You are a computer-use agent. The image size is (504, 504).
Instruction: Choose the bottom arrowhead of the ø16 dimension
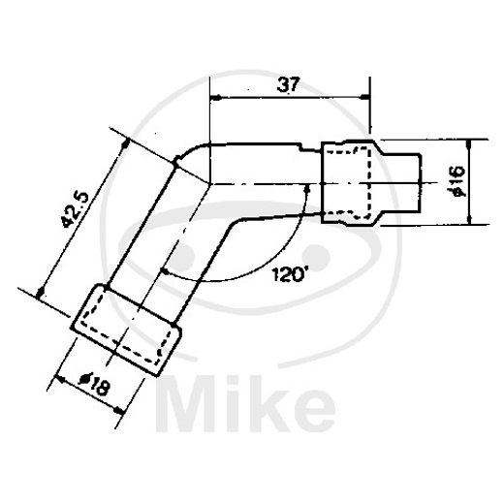click(x=469, y=219)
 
